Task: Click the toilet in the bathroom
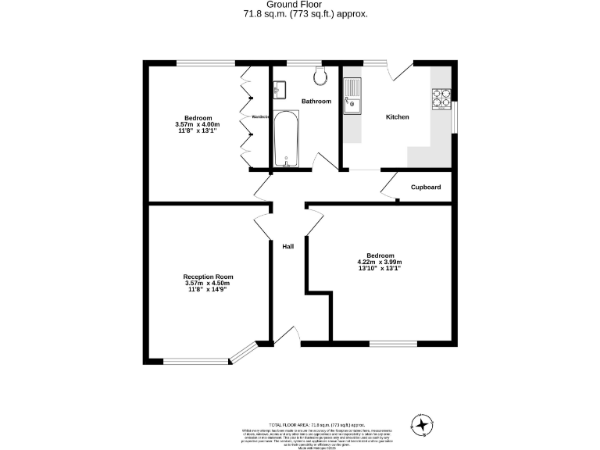320,75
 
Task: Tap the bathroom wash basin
280,87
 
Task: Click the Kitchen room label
398,117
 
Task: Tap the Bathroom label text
316,102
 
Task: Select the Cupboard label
426,187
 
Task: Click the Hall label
288,247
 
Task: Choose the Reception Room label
208,277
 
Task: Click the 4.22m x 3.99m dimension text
380,262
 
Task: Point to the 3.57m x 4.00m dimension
198,124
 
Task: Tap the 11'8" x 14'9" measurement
208,290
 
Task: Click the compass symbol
423,425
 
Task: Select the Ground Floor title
301,5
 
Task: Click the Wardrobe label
261,117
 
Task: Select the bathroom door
322,160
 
